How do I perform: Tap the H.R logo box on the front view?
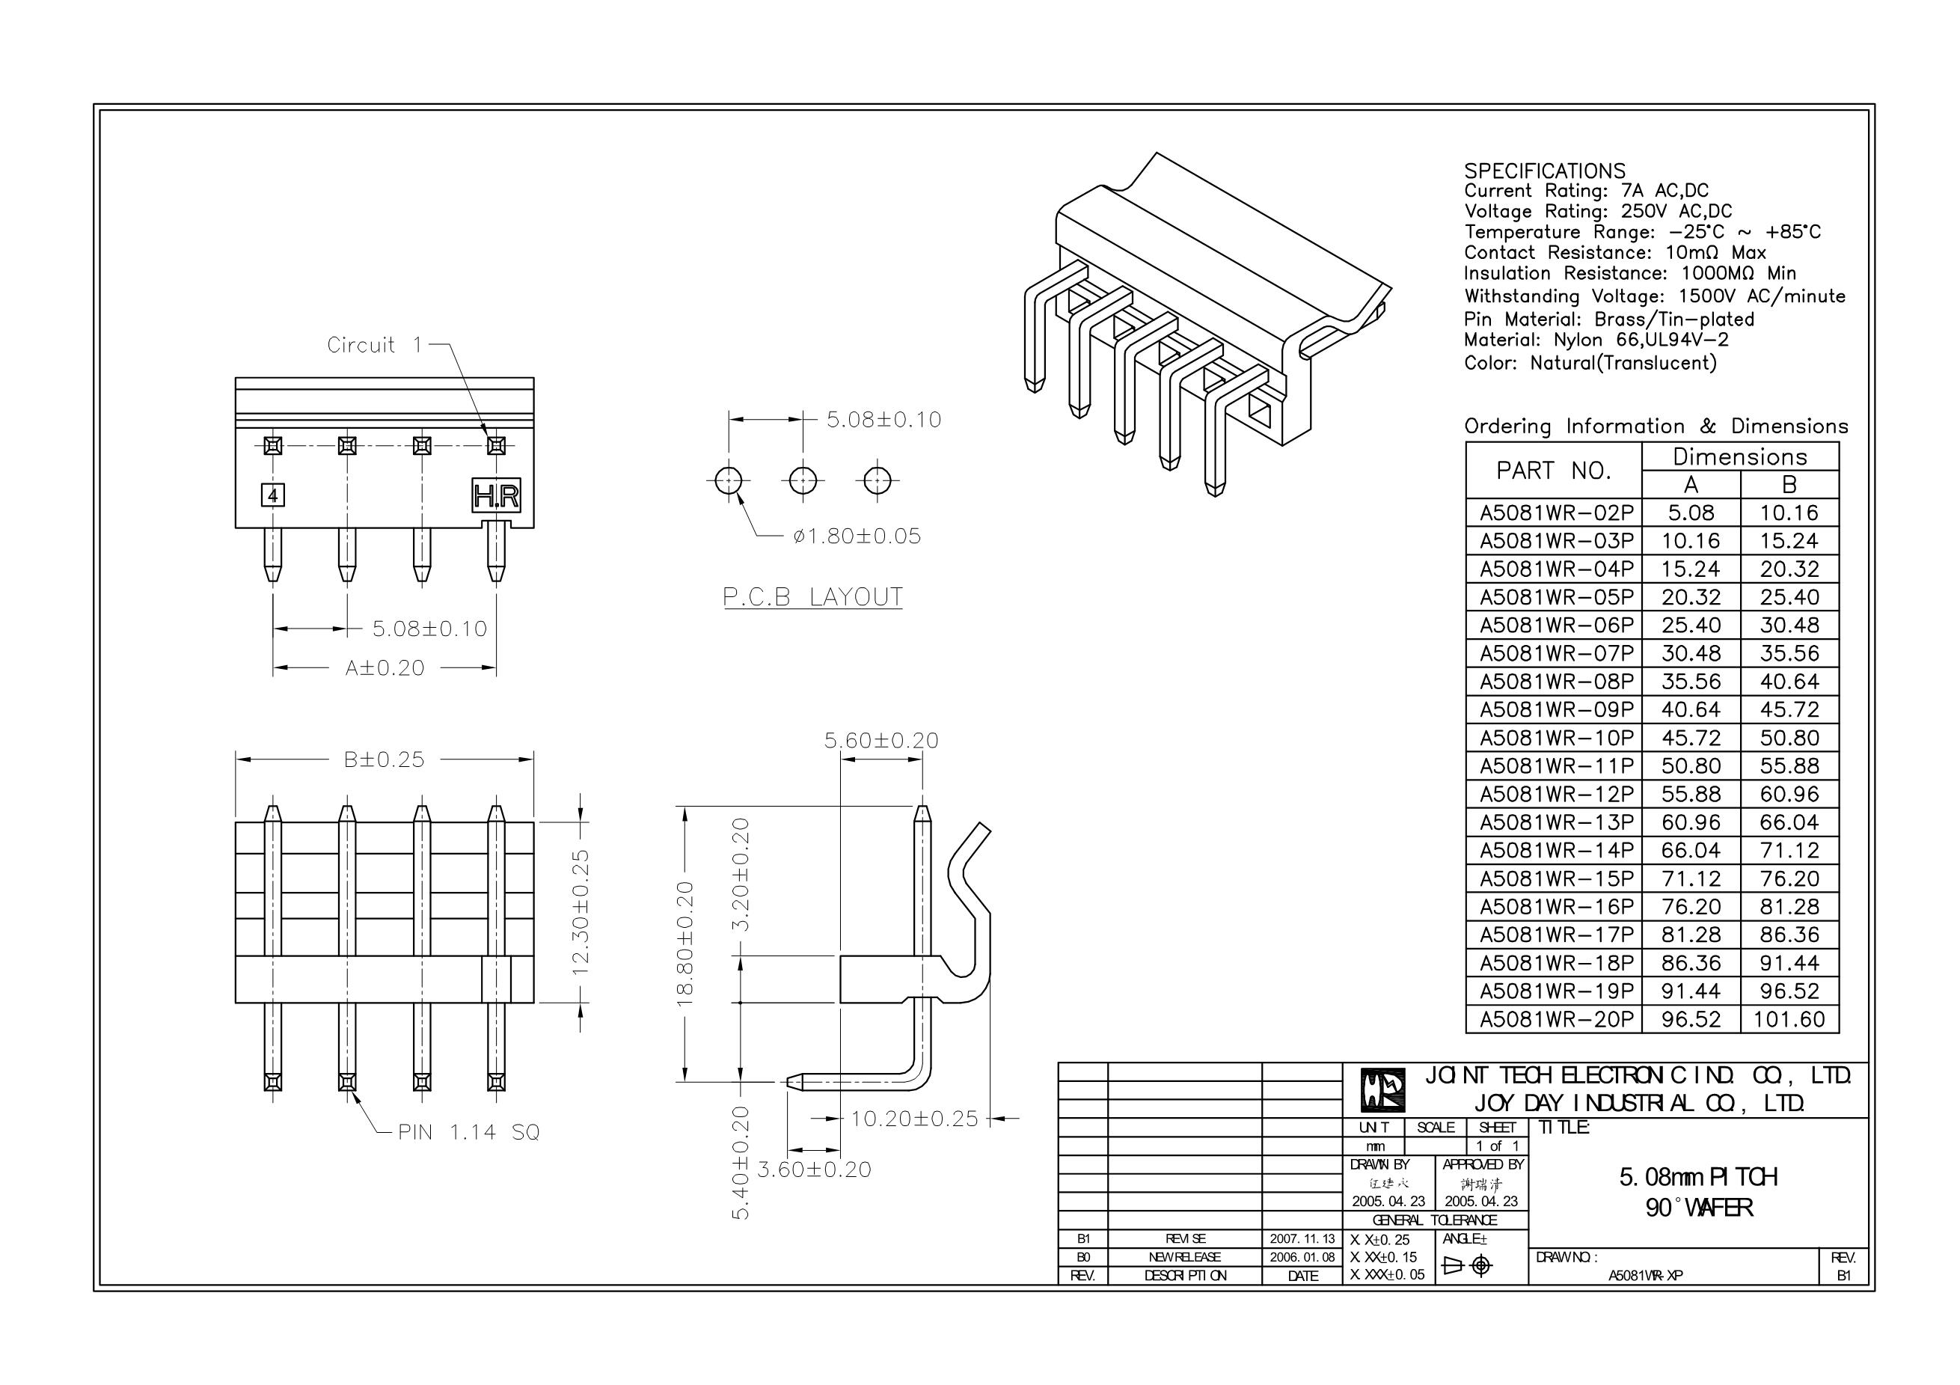pyautogui.click(x=496, y=495)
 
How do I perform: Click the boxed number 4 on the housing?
pyautogui.click(x=272, y=495)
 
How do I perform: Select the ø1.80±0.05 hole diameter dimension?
pyautogui.click(x=857, y=536)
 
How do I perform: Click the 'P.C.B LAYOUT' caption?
pyautogui.click(x=812, y=597)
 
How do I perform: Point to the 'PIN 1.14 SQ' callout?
pyautogui.click(x=468, y=1132)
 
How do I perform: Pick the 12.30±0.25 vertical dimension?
pyautogui.click(x=581, y=912)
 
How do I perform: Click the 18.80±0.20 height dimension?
pyautogui.click(x=685, y=944)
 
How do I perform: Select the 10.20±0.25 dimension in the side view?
pyautogui.click(x=914, y=1119)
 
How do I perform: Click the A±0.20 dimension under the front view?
pyautogui.click(x=385, y=667)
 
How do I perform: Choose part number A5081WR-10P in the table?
pyautogui.click(x=1556, y=738)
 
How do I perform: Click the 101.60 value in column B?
pyautogui.click(x=1789, y=1018)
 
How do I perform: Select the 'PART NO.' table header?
pyautogui.click(x=1554, y=471)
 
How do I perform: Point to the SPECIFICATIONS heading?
pyautogui.click(x=1544, y=171)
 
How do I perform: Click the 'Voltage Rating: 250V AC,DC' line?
pyautogui.click(x=1598, y=211)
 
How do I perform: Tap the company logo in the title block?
pyautogui.click(x=1382, y=1089)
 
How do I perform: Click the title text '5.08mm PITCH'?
pyautogui.click(x=1698, y=1177)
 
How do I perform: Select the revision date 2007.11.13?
pyautogui.click(x=1302, y=1238)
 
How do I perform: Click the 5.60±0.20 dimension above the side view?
pyautogui.click(x=881, y=740)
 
